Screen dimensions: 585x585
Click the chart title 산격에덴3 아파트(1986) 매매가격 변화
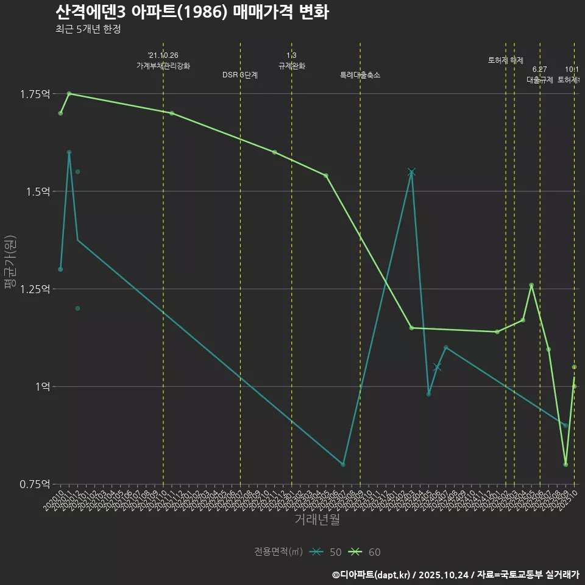coord(192,12)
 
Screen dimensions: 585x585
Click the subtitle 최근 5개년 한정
coord(92,29)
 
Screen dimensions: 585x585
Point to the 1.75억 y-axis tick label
coord(35,94)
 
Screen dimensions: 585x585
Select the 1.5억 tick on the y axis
coord(37,191)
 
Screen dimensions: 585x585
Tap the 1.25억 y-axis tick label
coord(35,289)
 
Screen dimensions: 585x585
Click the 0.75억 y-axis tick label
coord(35,484)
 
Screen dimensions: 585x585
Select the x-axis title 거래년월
coord(317,520)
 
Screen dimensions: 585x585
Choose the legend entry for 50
coord(326,552)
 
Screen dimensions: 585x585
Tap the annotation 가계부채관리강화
coord(163,66)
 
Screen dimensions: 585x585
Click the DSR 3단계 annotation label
coord(240,75)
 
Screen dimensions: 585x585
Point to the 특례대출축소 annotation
coord(360,75)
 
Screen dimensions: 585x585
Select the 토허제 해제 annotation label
coord(506,60)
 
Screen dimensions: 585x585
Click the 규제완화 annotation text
coord(291,66)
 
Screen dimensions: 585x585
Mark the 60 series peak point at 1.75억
coord(69,94)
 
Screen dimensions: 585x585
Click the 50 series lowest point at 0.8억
coord(343,464)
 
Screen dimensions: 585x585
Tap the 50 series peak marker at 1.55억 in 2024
coord(411,172)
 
